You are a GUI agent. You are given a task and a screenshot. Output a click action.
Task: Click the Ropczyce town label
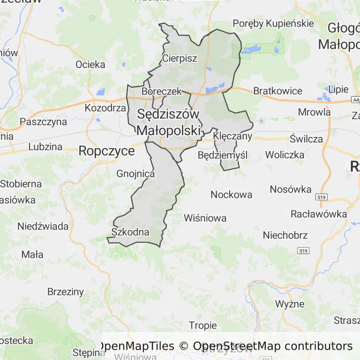[106, 151]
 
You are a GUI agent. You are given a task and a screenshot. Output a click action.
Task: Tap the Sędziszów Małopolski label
[169, 122]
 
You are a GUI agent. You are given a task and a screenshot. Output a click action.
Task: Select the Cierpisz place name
[180, 59]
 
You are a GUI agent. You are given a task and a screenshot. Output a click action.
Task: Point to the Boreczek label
[161, 91]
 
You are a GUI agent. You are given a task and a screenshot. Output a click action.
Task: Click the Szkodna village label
[130, 232]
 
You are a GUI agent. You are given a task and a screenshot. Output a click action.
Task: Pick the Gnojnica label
[135, 174]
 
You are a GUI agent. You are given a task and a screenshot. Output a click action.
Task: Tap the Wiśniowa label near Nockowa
[205, 218]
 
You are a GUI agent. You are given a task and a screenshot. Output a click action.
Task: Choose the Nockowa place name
[231, 195]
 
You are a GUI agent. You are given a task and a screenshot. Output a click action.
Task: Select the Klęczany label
[232, 136]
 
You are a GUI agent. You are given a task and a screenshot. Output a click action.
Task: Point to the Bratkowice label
[278, 91]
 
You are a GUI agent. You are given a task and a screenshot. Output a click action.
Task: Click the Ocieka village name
[90, 65]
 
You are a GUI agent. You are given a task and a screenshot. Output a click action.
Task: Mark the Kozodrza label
[105, 108]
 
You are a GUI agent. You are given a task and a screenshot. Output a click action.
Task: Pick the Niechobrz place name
[285, 235]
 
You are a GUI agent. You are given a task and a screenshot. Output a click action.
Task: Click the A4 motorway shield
[355, 100]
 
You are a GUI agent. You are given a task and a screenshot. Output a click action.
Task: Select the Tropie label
[202, 325]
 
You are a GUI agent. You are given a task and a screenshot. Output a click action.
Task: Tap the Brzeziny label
[66, 292]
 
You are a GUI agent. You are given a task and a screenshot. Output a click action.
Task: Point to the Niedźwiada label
[43, 226]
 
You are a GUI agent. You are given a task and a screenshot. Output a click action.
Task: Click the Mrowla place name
[315, 112]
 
